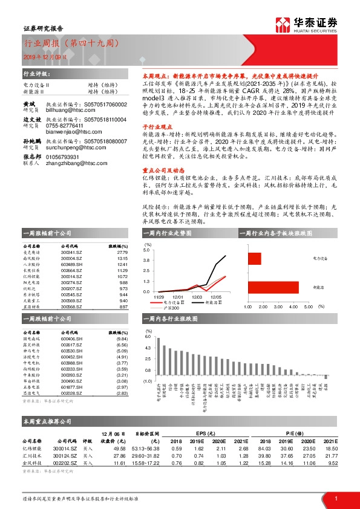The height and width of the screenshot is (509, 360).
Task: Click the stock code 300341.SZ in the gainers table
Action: pos(71,253)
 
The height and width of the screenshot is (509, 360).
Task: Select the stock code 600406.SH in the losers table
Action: pos(72,339)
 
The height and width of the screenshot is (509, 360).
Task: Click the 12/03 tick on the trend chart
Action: pos(197,297)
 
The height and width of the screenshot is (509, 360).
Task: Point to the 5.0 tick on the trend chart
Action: pos(146,249)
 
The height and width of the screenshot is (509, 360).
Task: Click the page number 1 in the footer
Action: pos(336,499)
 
